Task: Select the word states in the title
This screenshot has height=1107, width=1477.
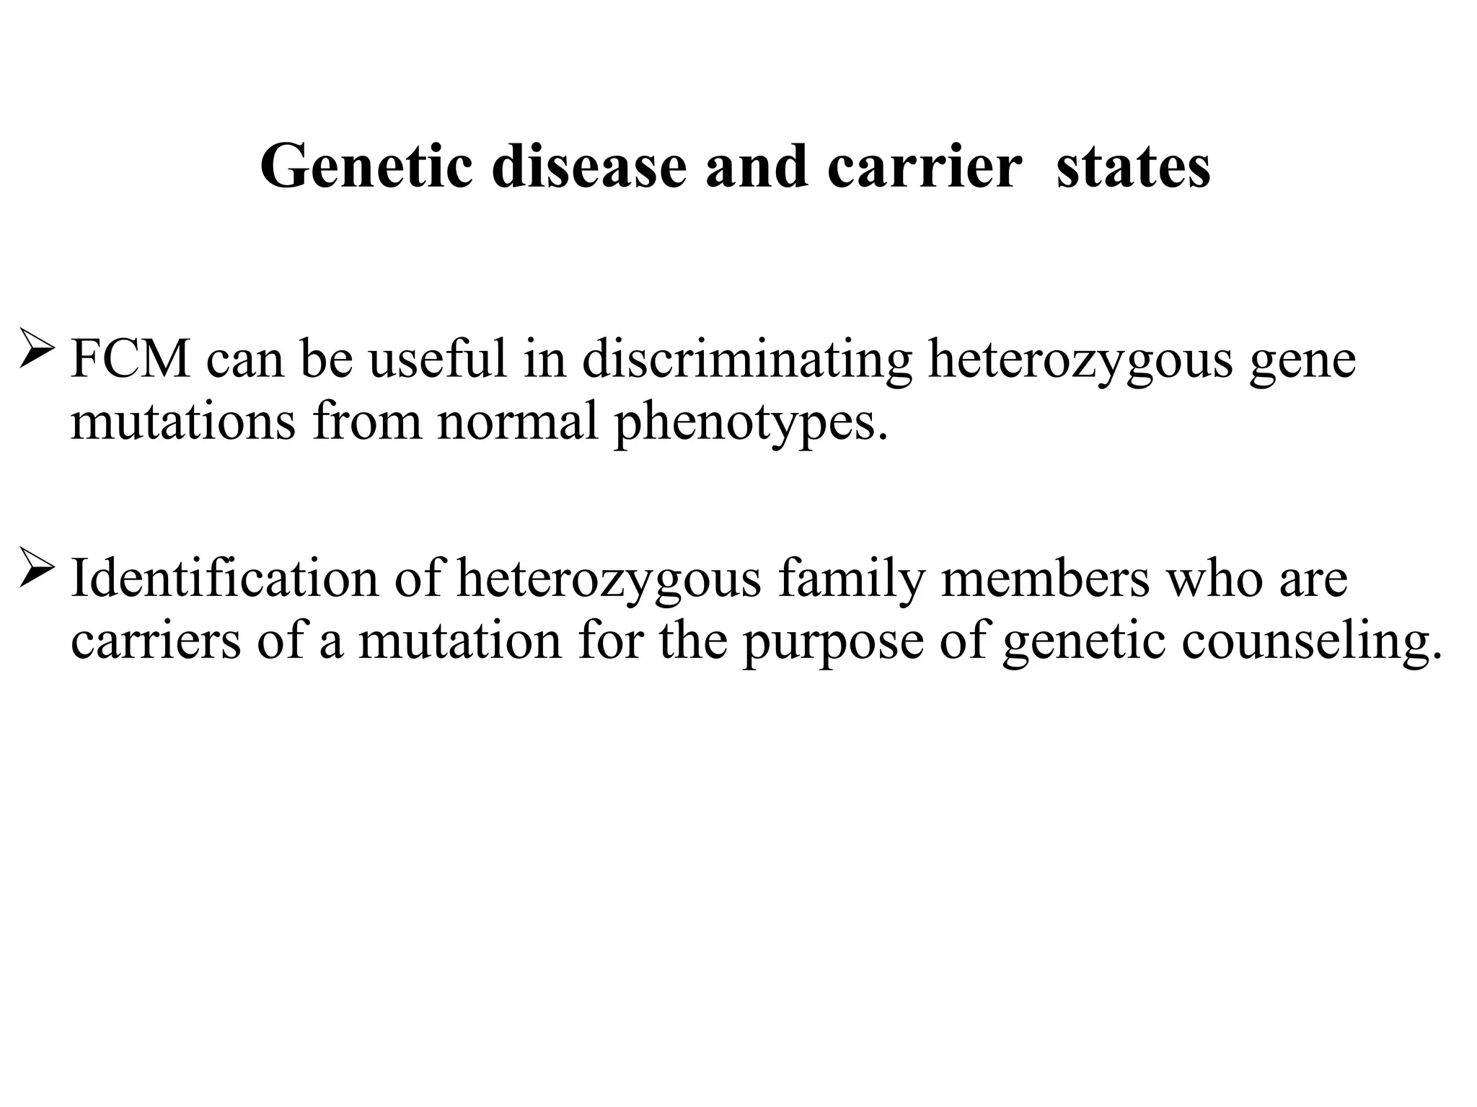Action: (1133, 167)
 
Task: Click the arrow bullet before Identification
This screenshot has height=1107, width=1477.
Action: (37, 567)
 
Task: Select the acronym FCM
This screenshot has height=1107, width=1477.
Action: (131, 359)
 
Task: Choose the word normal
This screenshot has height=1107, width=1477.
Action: (517, 422)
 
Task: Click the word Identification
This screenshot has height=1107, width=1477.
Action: (224, 578)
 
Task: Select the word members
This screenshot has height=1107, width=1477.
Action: (1045, 578)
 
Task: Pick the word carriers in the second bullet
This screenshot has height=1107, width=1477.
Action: (156, 641)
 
